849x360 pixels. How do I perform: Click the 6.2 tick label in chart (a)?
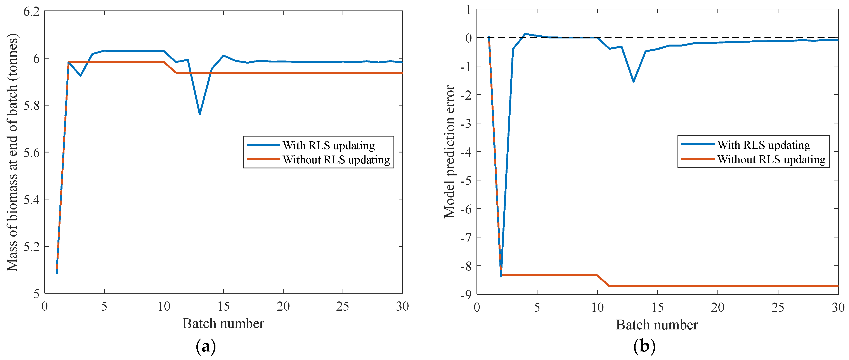[31, 12]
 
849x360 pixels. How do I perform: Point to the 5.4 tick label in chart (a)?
[31, 199]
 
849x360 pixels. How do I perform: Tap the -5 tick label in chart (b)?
[466, 180]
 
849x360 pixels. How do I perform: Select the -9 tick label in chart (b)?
[466, 294]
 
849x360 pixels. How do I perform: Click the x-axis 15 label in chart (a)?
[224, 307]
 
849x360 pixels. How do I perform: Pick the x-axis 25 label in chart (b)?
[778, 308]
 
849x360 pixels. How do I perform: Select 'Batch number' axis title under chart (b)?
[657, 325]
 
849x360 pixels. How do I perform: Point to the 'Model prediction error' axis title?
[449, 152]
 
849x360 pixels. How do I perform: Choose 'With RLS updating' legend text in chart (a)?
[329, 145]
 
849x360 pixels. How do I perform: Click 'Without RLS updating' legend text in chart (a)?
[336, 160]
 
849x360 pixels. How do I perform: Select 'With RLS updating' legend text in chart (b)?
[764, 145]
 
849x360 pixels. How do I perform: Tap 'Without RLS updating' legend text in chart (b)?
[771, 159]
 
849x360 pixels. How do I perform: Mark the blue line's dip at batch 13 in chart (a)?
[200, 114]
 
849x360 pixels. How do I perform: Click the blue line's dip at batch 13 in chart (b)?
[633, 81]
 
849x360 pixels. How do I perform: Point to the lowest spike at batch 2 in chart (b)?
[501, 276]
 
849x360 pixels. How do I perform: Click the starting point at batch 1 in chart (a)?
[57, 273]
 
